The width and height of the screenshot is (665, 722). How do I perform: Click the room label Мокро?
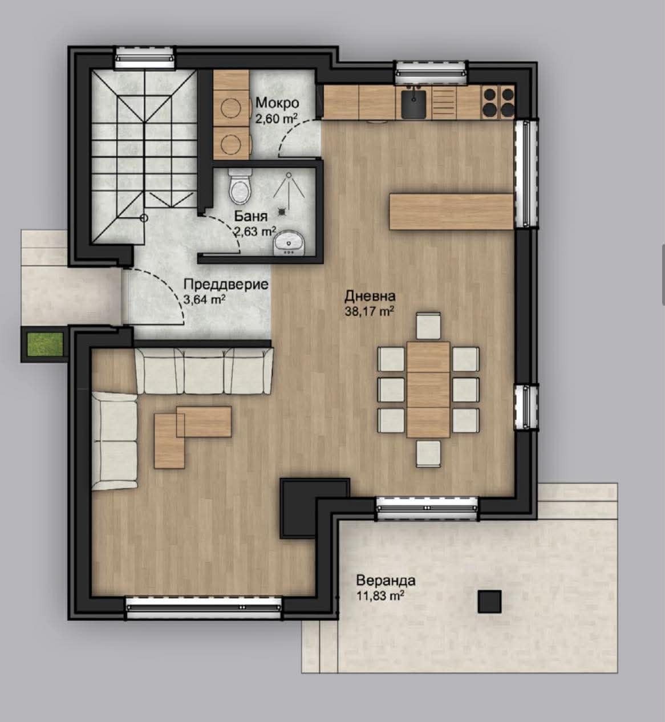tap(277, 103)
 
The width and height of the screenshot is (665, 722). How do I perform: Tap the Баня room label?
tap(251, 216)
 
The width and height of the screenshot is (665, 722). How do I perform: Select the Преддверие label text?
tap(226, 285)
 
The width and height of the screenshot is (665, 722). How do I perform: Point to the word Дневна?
tap(370, 296)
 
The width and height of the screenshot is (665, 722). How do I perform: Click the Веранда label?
tap(386, 581)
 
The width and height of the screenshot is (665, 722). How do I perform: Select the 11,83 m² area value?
tap(380, 595)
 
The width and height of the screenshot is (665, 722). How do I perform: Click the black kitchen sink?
tap(413, 104)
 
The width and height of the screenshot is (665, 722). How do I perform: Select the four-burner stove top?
tap(498, 102)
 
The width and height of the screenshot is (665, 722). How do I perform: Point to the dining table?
tap(428, 390)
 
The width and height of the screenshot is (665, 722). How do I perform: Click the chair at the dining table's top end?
tap(428, 326)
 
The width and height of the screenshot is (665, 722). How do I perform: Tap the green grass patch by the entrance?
tap(45, 344)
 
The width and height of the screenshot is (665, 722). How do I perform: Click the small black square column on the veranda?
tap(489, 602)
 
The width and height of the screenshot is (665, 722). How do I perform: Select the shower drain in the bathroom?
tap(283, 212)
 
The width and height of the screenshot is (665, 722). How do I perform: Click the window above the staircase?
tap(145, 58)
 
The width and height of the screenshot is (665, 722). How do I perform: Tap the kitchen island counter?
tap(452, 212)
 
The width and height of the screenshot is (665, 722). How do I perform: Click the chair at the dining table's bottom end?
tap(428, 454)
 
